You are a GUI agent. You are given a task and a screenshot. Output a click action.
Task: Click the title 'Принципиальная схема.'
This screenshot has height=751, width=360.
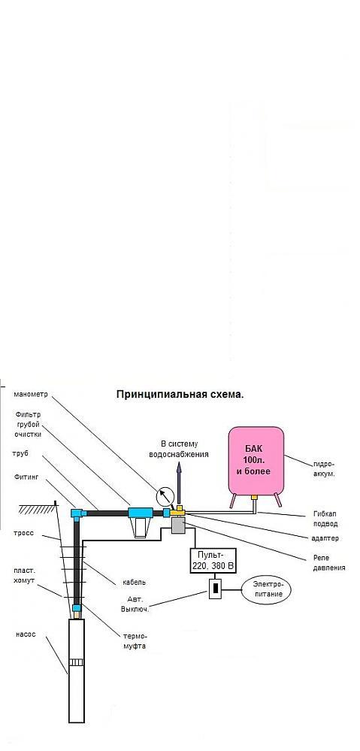pyautogui.click(x=180, y=395)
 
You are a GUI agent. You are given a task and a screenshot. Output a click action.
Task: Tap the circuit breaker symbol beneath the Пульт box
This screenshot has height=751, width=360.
pyautogui.click(x=216, y=589)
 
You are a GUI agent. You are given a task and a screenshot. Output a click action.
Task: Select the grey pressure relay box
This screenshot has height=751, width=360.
pyautogui.click(x=179, y=526)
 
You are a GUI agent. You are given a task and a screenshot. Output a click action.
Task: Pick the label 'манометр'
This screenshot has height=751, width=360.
pyautogui.click(x=31, y=395)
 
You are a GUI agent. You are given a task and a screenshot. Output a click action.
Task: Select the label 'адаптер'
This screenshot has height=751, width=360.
pyautogui.click(x=323, y=538)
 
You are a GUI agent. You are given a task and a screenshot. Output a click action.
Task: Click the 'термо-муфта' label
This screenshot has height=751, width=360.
pyautogui.click(x=135, y=640)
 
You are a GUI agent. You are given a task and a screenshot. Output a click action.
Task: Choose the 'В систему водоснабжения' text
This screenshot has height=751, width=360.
pyautogui.click(x=179, y=449)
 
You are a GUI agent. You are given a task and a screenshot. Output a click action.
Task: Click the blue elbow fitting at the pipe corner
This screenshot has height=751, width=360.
pyautogui.click(x=77, y=513)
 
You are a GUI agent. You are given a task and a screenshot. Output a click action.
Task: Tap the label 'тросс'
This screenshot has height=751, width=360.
pyautogui.click(x=24, y=533)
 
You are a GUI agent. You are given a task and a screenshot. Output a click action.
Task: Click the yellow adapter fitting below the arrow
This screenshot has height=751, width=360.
pyautogui.click(x=179, y=511)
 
